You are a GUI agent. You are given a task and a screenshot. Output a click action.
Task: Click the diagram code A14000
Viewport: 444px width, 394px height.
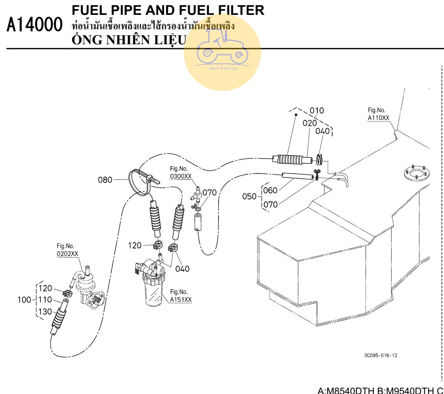tap(35, 25)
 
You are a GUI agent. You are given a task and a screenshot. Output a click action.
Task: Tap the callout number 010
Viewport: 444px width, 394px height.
tap(317, 111)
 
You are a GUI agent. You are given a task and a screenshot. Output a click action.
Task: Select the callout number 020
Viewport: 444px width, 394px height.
tap(309, 123)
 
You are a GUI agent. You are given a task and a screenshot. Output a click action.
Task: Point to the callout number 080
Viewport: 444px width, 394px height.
tap(105, 180)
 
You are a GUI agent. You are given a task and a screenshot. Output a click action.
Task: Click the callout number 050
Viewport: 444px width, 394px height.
tap(249, 197)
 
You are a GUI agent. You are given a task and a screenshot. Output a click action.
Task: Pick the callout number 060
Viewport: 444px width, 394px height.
tap(270, 191)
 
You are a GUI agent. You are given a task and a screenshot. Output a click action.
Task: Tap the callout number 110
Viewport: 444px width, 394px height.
tap(45, 300)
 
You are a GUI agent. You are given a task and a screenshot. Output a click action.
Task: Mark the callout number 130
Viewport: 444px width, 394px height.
tap(45, 312)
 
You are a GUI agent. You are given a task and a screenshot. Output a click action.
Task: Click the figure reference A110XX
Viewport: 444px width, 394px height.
tap(378, 118)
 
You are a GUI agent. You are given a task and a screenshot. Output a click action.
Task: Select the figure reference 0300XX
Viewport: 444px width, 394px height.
tap(181, 177)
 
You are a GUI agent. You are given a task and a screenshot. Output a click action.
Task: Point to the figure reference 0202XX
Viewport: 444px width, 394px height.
tap(67, 254)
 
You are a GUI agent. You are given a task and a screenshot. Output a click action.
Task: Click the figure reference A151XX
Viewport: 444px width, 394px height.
tap(181, 300)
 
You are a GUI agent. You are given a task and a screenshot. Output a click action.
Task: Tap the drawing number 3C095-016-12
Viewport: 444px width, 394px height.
tap(380, 356)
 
